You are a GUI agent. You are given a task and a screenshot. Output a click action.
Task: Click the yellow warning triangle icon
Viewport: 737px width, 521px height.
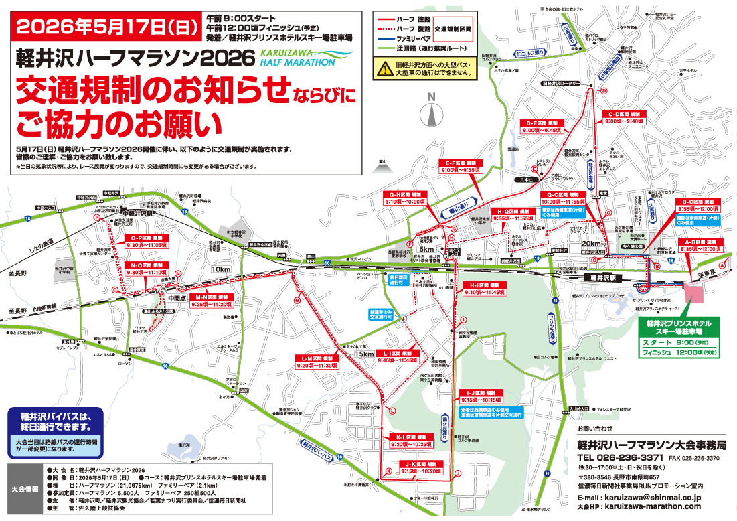[x=384, y=67]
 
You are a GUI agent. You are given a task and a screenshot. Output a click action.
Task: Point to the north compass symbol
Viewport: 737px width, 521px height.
[x=432, y=111]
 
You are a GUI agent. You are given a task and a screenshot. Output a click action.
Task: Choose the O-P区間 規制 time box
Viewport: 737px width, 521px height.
[x=146, y=241]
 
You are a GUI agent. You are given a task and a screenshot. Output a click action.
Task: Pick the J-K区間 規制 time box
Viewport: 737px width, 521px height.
[x=420, y=467]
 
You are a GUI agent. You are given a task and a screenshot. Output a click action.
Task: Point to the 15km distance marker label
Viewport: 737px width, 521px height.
[x=365, y=354]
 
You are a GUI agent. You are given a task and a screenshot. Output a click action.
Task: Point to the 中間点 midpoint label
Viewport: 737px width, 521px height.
[x=177, y=298]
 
